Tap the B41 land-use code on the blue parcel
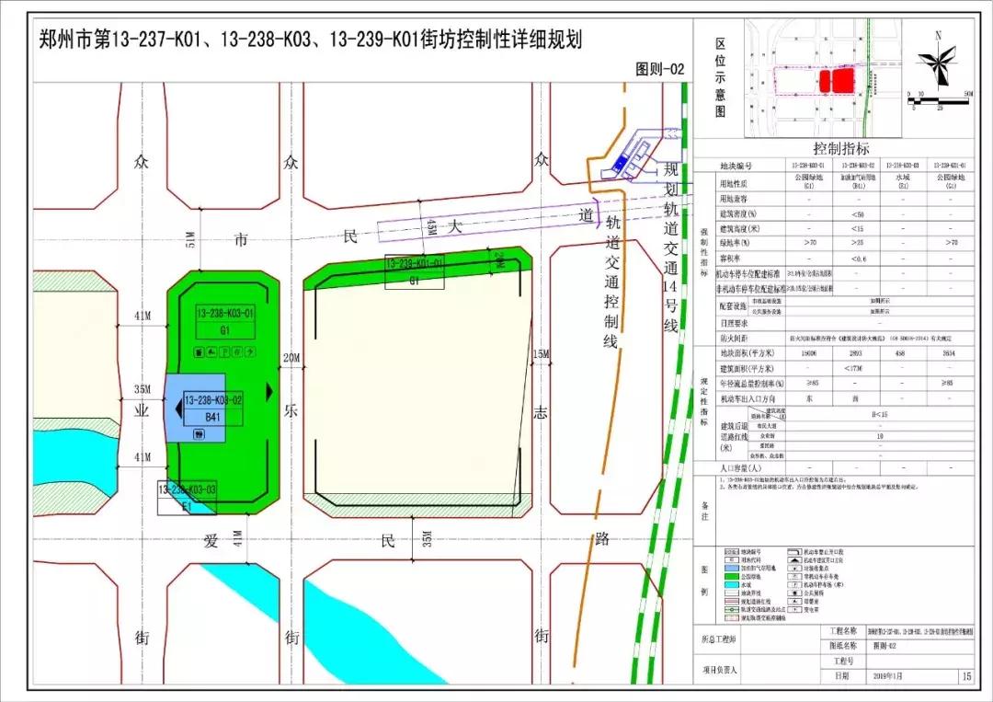[x=213, y=417]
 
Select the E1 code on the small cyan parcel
[x=187, y=504]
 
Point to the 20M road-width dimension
[x=292, y=358]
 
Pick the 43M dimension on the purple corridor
[x=430, y=224]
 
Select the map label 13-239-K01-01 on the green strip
[x=414, y=263]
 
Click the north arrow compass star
[x=938, y=63]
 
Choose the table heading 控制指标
[x=840, y=148]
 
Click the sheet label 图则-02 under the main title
[x=660, y=69]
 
